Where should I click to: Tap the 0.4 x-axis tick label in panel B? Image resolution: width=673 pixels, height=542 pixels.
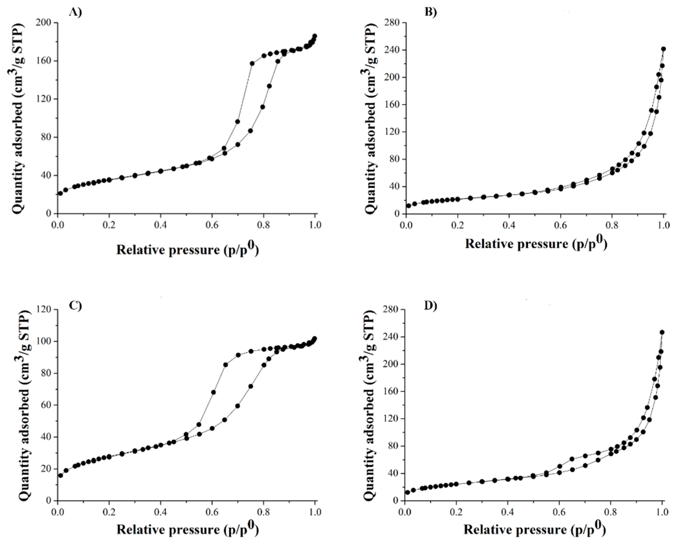pos(509,225)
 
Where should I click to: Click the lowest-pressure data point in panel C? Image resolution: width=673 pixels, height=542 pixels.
pos(60,476)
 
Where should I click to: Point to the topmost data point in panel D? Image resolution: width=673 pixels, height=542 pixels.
pos(662,332)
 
